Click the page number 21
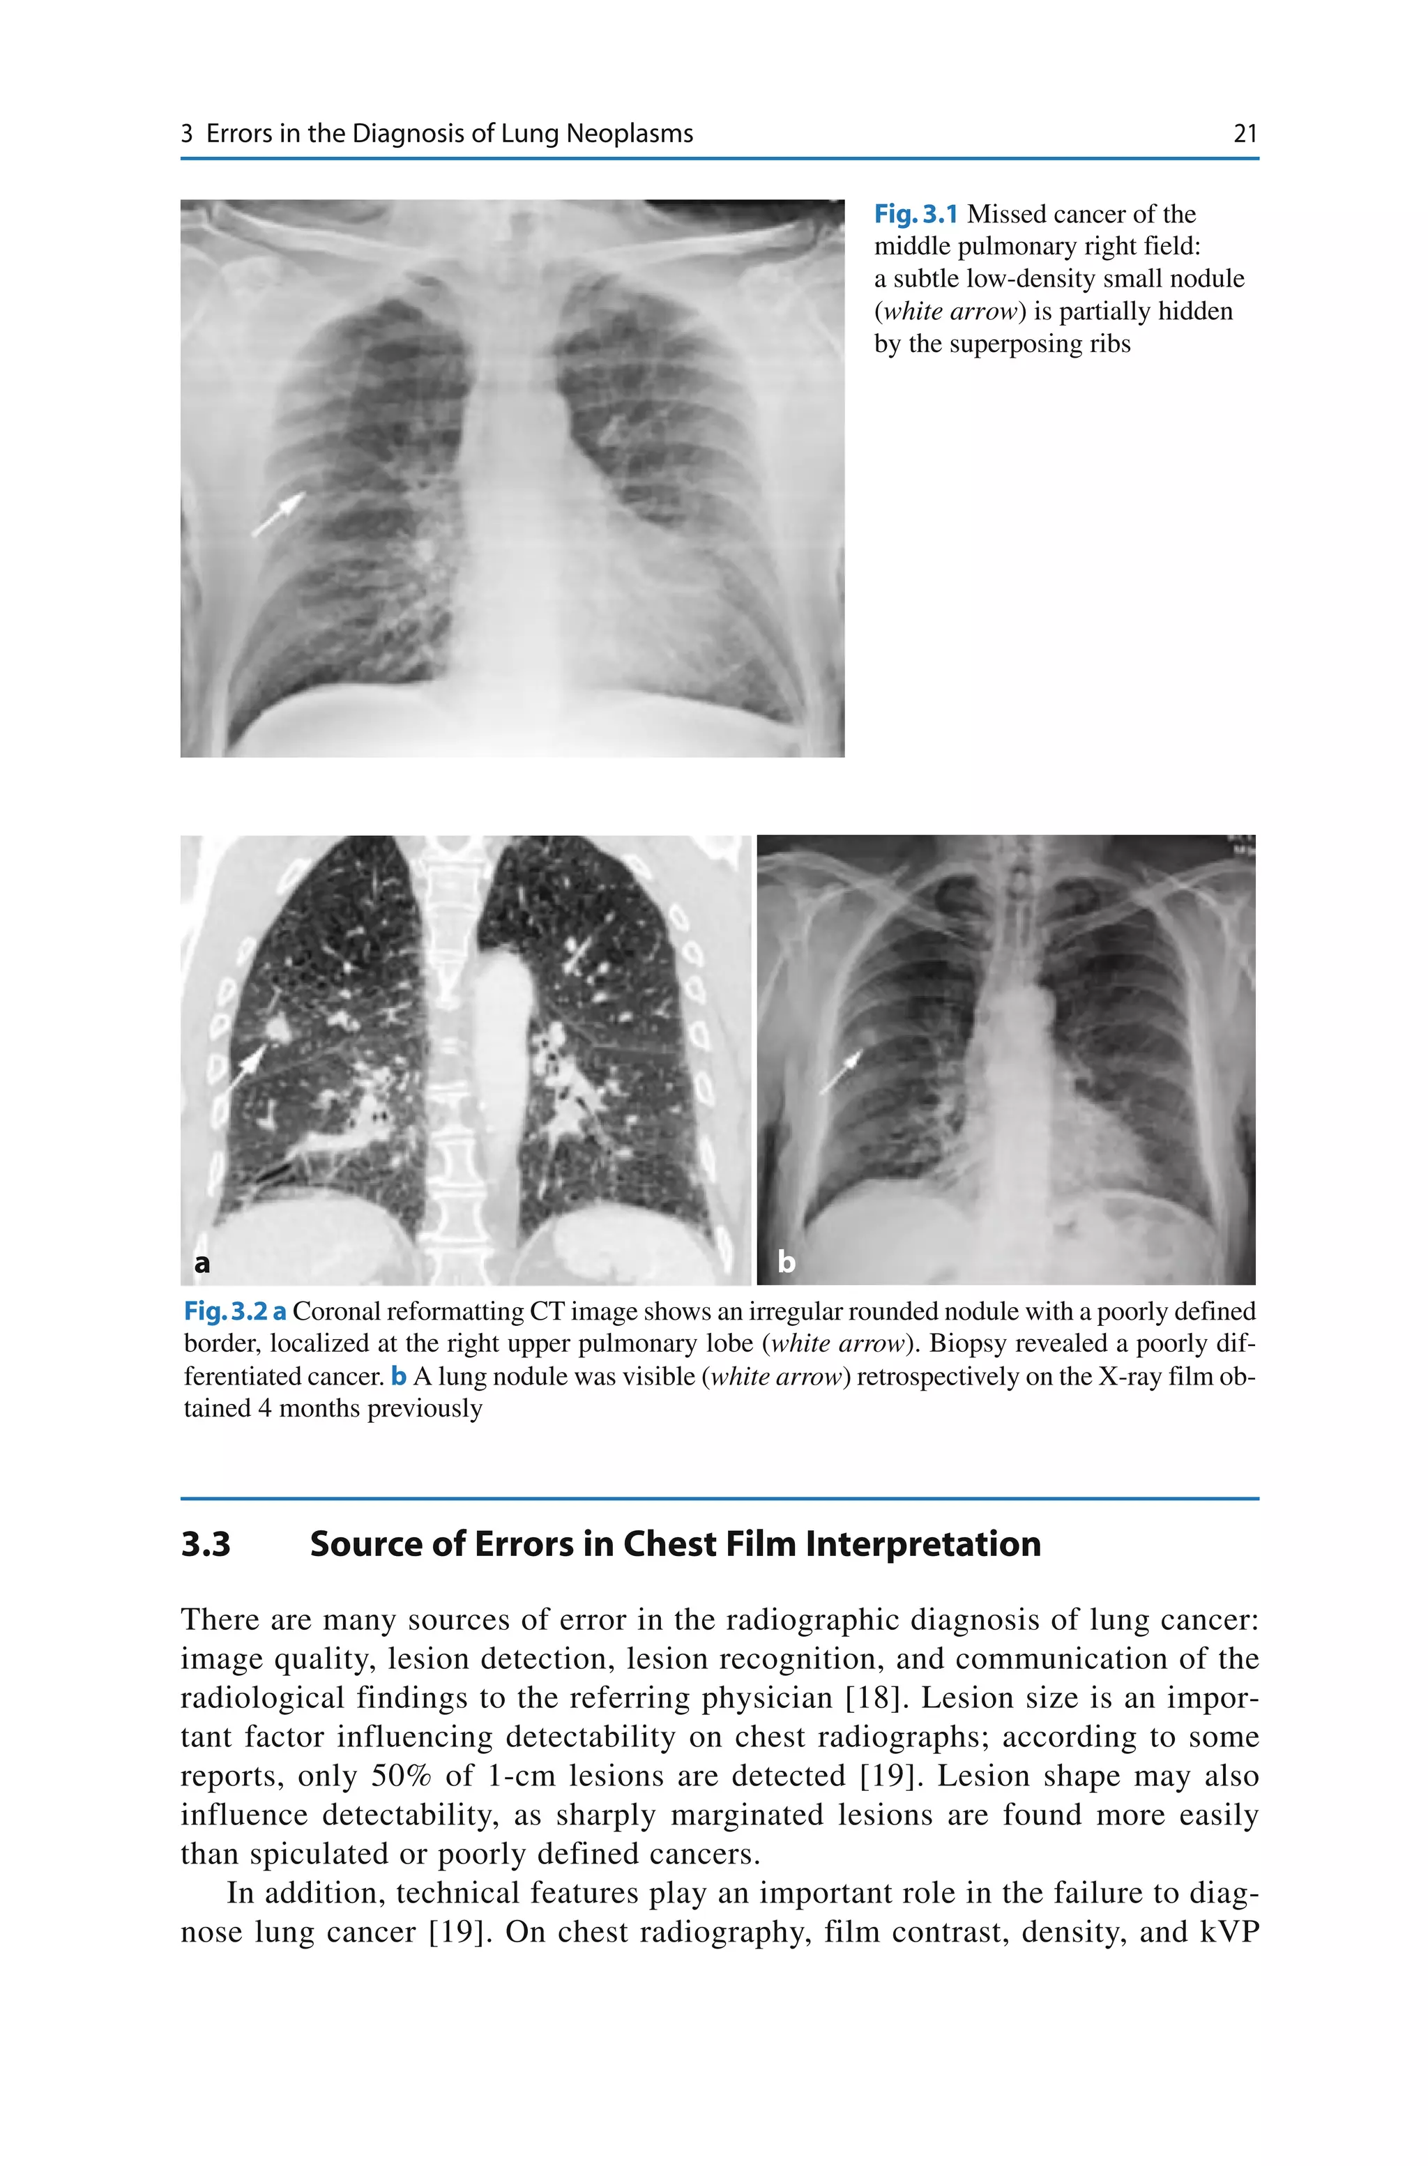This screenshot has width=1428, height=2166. click(1244, 134)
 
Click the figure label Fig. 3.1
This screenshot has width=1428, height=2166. click(916, 214)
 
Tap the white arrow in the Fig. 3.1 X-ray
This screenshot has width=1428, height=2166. click(279, 514)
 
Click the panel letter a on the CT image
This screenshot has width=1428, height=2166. click(202, 1262)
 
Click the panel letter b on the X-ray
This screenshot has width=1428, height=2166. click(786, 1262)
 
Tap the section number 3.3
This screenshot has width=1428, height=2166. click(206, 1544)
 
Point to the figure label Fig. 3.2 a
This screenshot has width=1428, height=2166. click(235, 1311)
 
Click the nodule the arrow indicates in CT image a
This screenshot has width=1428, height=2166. click(277, 1030)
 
